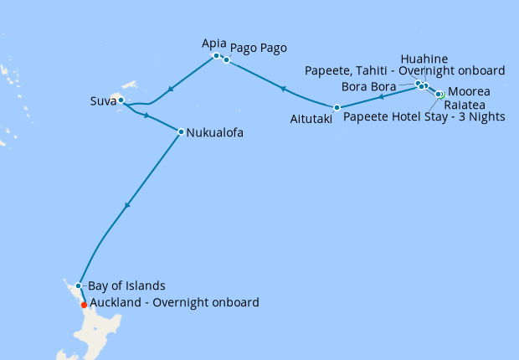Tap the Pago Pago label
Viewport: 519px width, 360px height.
tap(258, 49)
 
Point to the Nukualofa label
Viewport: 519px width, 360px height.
tap(215, 131)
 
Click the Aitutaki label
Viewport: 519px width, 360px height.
tap(311, 120)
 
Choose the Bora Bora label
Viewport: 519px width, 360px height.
tap(369, 86)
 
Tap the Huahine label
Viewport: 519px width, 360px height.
tap(424, 59)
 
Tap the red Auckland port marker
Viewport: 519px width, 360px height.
tap(84, 306)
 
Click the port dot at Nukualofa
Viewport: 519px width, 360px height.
tap(181, 131)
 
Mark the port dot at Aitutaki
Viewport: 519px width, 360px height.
tap(337, 107)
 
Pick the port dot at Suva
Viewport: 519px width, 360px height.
tap(121, 100)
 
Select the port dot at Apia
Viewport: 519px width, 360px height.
tap(216, 55)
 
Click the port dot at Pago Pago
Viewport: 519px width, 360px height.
tap(226, 59)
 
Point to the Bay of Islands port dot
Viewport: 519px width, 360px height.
tap(78, 285)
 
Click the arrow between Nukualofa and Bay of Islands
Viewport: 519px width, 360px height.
tap(127, 205)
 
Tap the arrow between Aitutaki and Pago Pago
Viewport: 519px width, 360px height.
tap(283, 89)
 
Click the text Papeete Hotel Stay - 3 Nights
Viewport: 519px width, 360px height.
tap(424, 117)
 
